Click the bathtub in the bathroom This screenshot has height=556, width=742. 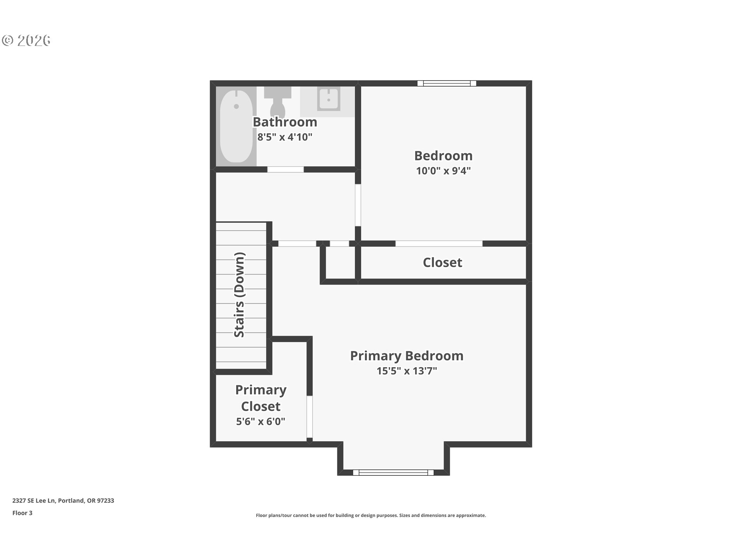pyautogui.click(x=236, y=127)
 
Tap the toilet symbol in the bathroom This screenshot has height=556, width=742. pyautogui.click(x=277, y=101)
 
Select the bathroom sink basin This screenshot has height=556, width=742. pyautogui.click(x=328, y=99)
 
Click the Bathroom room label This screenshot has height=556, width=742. pyautogui.click(x=285, y=122)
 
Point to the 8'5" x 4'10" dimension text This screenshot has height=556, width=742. pyautogui.click(x=285, y=137)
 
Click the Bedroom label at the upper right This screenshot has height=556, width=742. pyautogui.click(x=443, y=156)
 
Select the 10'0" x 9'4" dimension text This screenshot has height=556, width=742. pyautogui.click(x=443, y=171)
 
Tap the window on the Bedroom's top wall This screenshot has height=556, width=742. pyautogui.click(x=447, y=83)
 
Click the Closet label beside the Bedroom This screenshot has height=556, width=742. pyautogui.click(x=442, y=263)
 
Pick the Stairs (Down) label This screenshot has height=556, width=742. pyautogui.click(x=240, y=295)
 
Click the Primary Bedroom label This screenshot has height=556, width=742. pyautogui.click(x=407, y=356)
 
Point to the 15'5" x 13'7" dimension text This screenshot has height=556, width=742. pyautogui.click(x=407, y=371)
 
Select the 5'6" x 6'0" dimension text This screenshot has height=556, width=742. pyautogui.click(x=260, y=421)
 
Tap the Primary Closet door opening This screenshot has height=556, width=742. pyautogui.click(x=310, y=417)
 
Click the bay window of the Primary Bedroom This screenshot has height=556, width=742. pyautogui.click(x=393, y=472)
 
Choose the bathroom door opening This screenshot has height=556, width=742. pyautogui.click(x=286, y=170)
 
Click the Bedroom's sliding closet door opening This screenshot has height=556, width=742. pyautogui.click(x=439, y=244)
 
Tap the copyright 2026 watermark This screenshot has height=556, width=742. pyautogui.click(x=26, y=40)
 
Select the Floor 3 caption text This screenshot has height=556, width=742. pyautogui.click(x=22, y=513)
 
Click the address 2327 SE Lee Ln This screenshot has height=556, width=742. pyautogui.click(x=34, y=500)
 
